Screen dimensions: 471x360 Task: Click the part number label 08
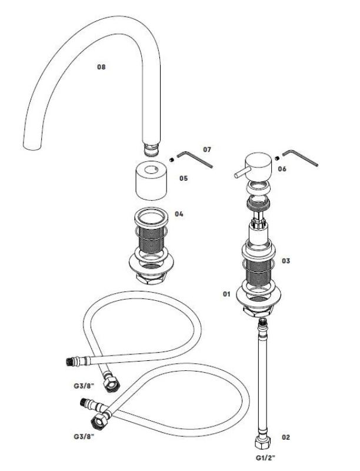[x=101, y=67]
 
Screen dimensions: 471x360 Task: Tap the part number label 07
[x=206, y=150]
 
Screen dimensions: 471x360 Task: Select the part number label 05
[x=184, y=177]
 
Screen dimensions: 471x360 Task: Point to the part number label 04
[x=179, y=214]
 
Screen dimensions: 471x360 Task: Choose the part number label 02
[x=286, y=437]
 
